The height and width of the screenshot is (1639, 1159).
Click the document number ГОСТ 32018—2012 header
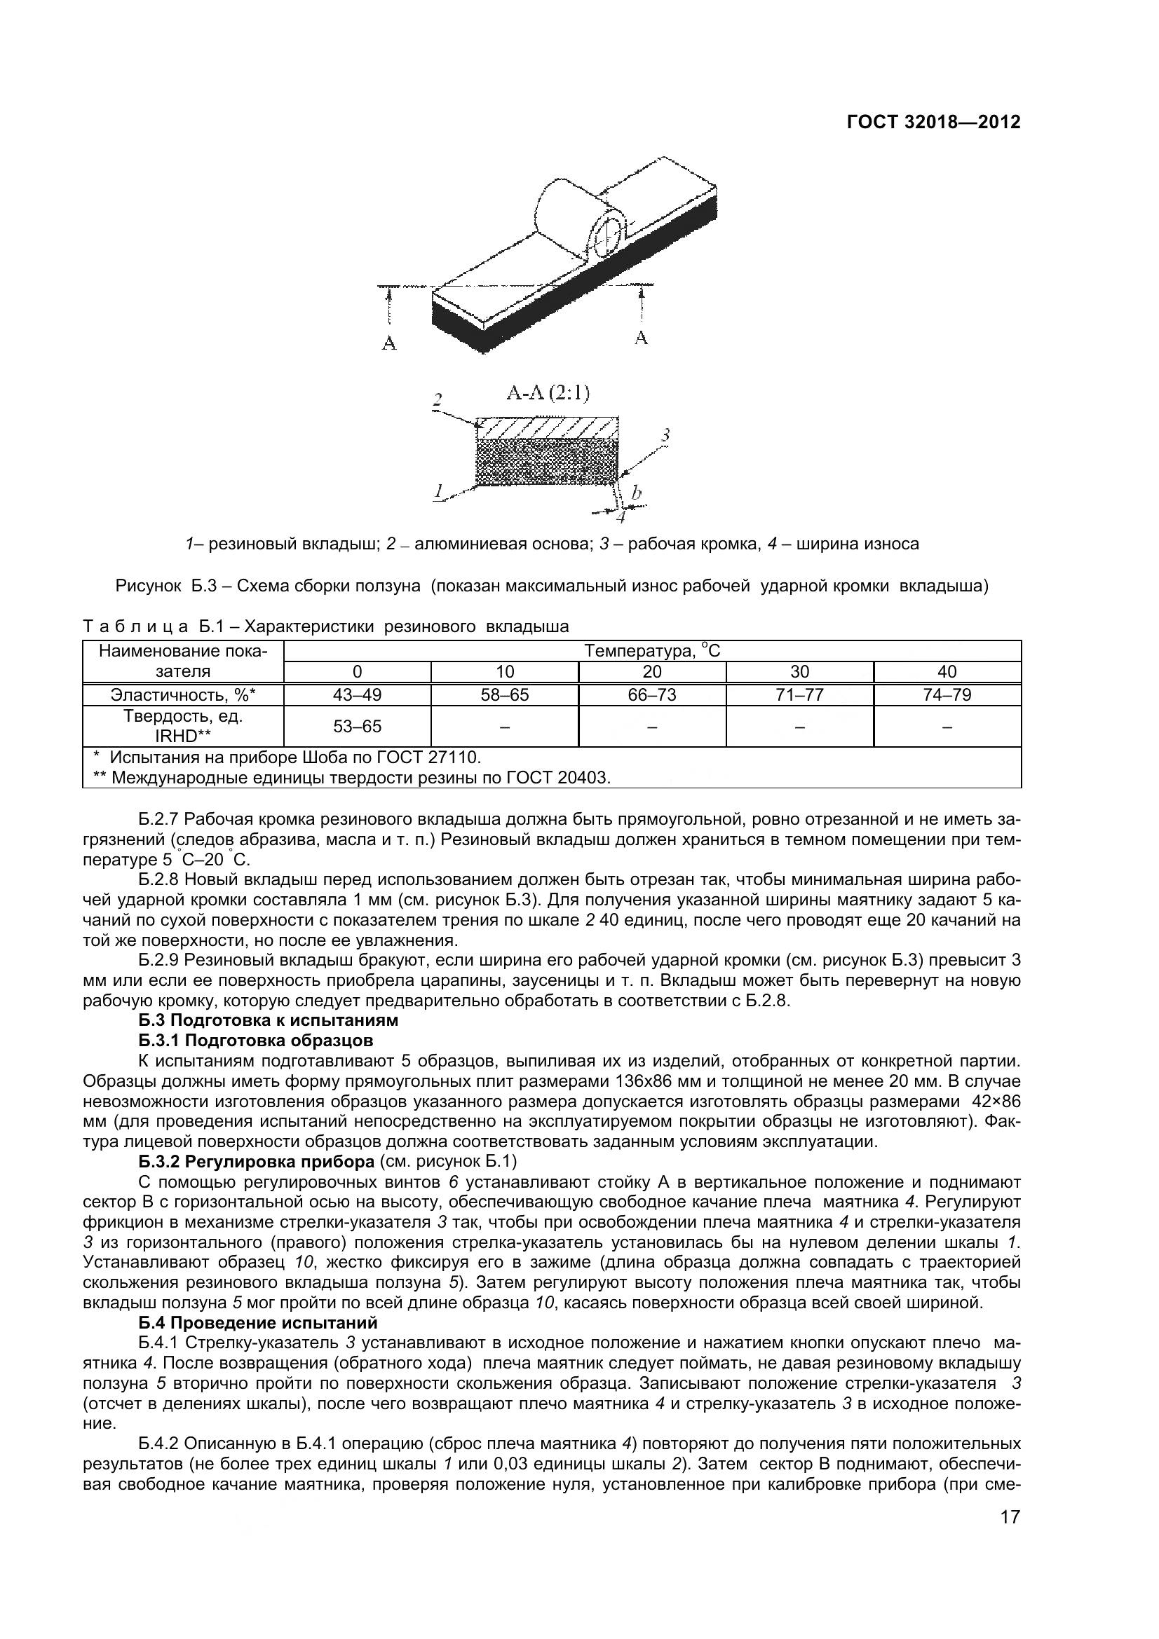tap(933, 122)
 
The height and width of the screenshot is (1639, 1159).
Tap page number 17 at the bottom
tap(1010, 1537)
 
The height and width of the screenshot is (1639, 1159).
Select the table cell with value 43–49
tap(357, 694)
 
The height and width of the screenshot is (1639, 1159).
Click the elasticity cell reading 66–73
tap(652, 694)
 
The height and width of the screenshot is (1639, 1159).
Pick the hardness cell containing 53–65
tap(357, 726)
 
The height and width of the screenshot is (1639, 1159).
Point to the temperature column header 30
tap(799, 672)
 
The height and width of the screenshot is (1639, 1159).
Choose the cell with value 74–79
tap(947, 694)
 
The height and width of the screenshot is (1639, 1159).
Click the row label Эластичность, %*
tap(183, 694)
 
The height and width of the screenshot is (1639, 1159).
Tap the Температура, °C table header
tap(652, 650)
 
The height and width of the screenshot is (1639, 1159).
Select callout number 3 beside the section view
tap(665, 434)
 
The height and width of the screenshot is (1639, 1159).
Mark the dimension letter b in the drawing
tap(636, 492)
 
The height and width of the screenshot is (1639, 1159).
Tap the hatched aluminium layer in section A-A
tap(546, 428)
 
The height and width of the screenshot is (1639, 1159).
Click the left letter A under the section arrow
tap(389, 343)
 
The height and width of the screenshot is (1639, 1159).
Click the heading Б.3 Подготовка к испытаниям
tap(268, 1020)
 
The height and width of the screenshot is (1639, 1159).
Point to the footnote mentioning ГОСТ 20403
tap(352, 777)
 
